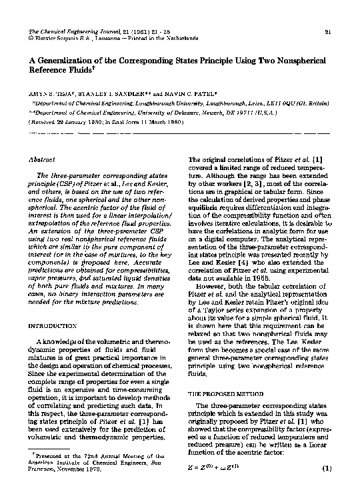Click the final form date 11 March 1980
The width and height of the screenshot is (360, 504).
159,123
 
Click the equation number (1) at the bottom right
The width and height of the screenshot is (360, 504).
327,469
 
